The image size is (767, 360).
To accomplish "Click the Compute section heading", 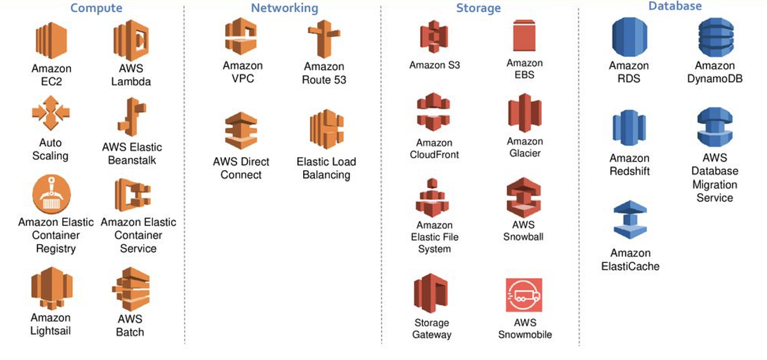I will (96, 8).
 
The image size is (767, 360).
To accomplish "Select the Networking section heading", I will (285, 8).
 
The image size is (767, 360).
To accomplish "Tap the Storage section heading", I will (478, 8).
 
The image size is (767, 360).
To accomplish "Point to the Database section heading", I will (674, 7).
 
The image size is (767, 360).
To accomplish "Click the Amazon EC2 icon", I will (51, 40).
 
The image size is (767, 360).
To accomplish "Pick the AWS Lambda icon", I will (130, 40).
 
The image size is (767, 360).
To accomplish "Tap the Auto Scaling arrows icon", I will (50, 112).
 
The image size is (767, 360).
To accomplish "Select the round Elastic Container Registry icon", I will (51, 194).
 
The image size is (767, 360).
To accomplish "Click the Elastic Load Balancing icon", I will (326, 129).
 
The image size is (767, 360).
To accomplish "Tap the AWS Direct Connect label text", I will (241, 168).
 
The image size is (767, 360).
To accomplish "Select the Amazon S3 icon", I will (434, 37).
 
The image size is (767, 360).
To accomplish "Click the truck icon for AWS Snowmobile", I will (524, 295).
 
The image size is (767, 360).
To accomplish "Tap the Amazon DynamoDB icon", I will (715, 37).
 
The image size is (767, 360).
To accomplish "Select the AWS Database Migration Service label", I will (715, 178).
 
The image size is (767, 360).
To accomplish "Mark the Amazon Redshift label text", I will (630, 165).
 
